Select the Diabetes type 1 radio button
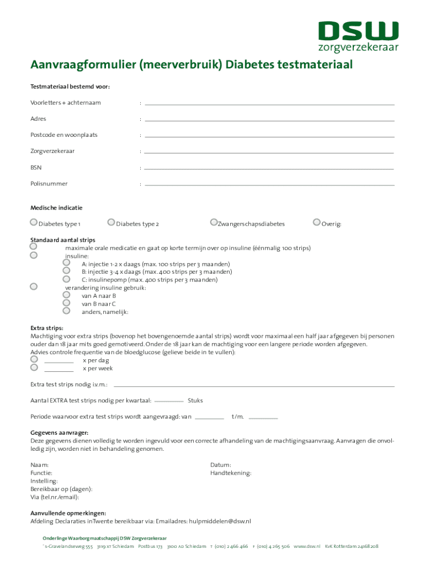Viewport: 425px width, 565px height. (34, 222)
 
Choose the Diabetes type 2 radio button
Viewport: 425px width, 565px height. (111, 222)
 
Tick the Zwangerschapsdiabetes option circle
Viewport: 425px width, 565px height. (214, 222)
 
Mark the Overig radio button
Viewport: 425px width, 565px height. (316, 222)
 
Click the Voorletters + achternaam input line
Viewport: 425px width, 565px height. (269, 103)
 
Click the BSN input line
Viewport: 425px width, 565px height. (269, 168)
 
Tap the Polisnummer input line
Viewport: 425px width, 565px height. (269, 184)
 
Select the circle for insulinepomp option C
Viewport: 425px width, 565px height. (66, 279)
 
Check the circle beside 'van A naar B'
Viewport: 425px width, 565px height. (66, 295)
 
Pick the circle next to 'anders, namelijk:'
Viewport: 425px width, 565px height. (66, 311)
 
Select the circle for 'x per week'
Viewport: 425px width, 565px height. (34, 367)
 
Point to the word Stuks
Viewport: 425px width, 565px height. (195, 400)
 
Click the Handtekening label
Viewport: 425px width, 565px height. (231, 473)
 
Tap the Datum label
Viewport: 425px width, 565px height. (221, 465)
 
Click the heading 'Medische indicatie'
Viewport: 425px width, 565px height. (56, 208)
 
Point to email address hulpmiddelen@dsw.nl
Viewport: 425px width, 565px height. (220, 521)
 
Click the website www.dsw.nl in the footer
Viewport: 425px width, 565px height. (307, 546)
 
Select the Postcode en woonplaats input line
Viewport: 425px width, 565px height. (269, 136)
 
